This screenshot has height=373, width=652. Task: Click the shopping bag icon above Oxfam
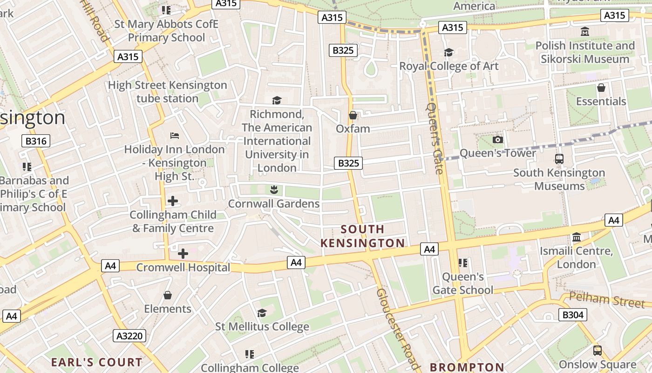353,115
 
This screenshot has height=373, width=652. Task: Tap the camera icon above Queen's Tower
497,139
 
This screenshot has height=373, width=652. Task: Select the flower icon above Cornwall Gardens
274,189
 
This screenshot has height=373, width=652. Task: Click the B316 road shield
36,141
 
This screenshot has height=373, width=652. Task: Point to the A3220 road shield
130,336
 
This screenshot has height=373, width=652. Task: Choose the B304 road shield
572,315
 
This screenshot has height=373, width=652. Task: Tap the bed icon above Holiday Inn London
175,136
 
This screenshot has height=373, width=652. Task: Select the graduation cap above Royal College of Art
448,52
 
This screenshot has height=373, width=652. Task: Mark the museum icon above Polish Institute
585,32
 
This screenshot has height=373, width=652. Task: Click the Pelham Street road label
607,299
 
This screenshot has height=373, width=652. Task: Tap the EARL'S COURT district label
96,362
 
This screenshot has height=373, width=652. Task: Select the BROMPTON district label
467,367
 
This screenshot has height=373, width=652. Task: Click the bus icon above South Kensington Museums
559,159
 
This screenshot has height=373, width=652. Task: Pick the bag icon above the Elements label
168,295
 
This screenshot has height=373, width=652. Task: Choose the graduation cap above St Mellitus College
262,313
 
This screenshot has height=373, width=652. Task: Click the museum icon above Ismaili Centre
577,237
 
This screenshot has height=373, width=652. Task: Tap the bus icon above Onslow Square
597,351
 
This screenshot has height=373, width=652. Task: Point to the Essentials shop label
601,101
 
